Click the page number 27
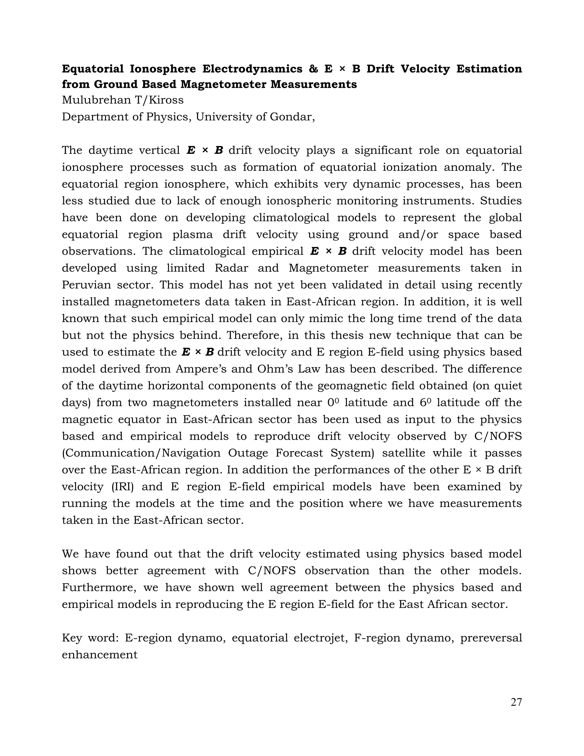tap(516, 702)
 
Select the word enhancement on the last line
tap(100, 654)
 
